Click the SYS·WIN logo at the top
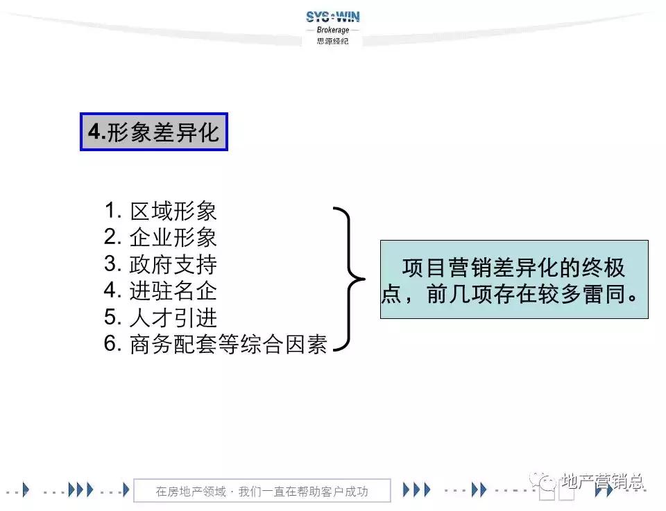click(332, 17)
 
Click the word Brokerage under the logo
click(332, 30)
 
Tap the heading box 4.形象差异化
click(153, 132)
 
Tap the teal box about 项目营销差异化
click(513, 279)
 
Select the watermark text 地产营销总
click(602, 480)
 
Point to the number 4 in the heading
click(94, 132)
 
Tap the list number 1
click(111, 211)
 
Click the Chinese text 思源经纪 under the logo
click(332, 41)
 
